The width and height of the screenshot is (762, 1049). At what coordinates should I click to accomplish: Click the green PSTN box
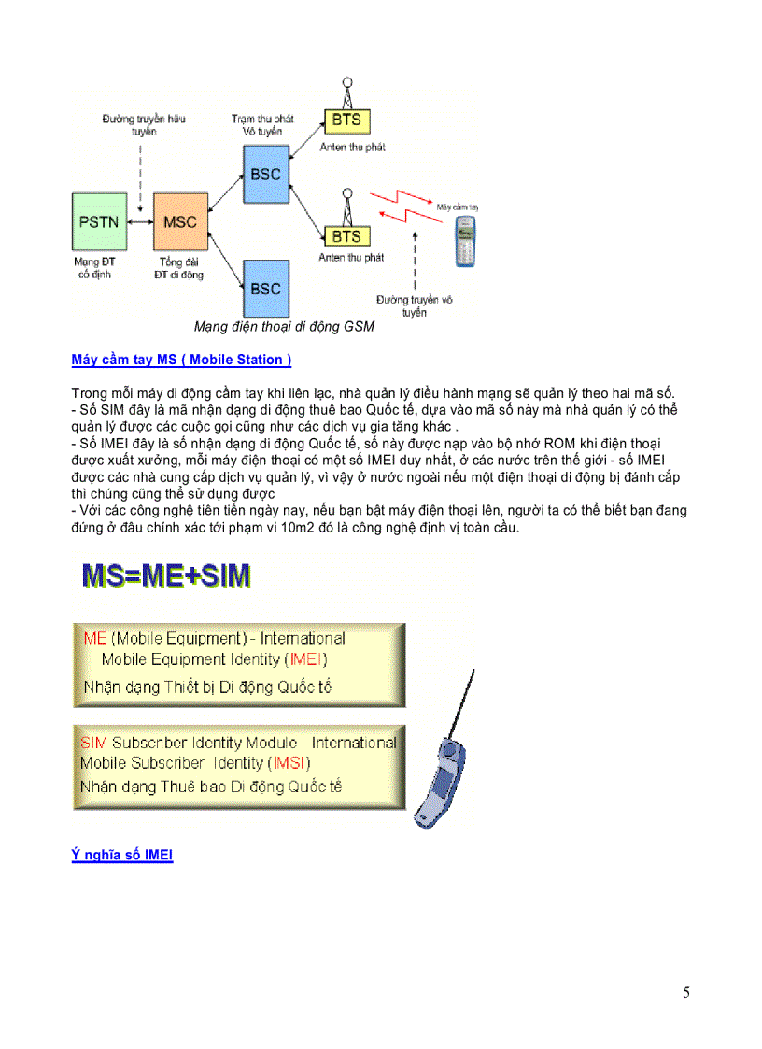click(99, 221)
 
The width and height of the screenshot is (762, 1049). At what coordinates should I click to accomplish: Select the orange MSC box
click(180, 221)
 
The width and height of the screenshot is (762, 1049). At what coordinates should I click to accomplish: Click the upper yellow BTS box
click(346, 120)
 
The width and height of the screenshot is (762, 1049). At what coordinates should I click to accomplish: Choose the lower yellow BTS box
click(346, 237)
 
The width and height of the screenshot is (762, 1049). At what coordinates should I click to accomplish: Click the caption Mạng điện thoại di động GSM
click(284, 327)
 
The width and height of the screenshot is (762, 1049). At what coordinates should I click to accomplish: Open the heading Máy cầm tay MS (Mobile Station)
click(181, 360)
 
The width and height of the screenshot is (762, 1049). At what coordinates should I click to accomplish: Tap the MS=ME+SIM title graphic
click(166, 575)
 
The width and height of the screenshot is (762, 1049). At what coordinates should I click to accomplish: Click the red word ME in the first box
click(94, 639)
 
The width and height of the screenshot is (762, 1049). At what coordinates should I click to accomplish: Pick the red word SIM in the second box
click(93, 744)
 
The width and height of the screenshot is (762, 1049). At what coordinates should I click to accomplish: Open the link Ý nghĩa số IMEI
click(122, 855)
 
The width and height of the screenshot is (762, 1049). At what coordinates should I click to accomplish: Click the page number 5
click(686, 993)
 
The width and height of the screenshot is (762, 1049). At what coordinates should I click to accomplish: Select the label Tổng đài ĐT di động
click(180, 268)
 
